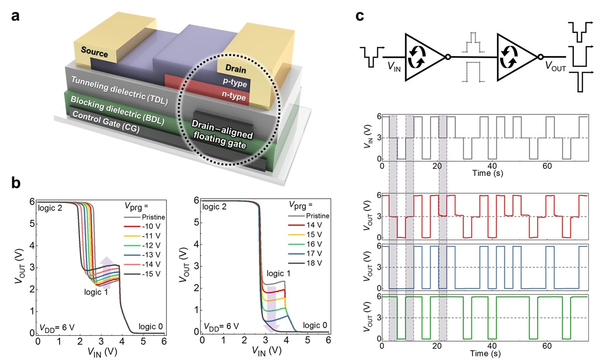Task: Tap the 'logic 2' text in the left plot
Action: tap(50, 207)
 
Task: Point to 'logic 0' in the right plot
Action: tap(314, 324)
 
